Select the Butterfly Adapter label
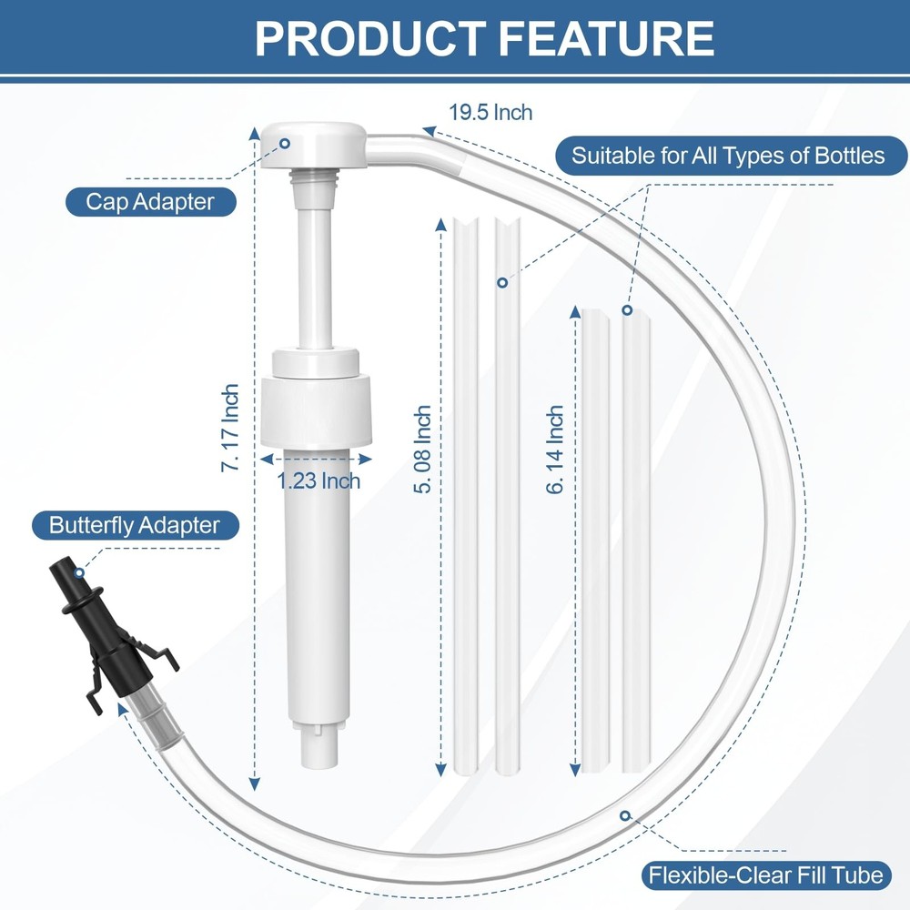coord(135,525)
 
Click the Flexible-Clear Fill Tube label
coord(764,875)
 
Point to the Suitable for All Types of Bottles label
coord(728,156)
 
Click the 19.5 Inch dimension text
coord(490,113)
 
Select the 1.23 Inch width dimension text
coord(318,480)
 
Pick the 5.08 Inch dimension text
coord(421,450)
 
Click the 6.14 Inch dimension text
coord(555,450)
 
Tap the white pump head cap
coord(312,146)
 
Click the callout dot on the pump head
coord(285,143)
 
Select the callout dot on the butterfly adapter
coord(80,572)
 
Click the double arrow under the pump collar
coord(316,459)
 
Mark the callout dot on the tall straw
coord(501,283)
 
